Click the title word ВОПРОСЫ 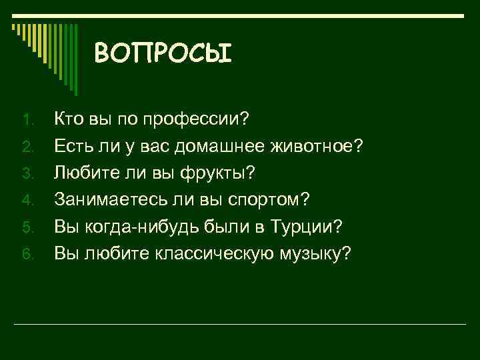163,53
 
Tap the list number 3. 27,174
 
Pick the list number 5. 27,227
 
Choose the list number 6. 27,254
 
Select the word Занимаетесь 103,199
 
